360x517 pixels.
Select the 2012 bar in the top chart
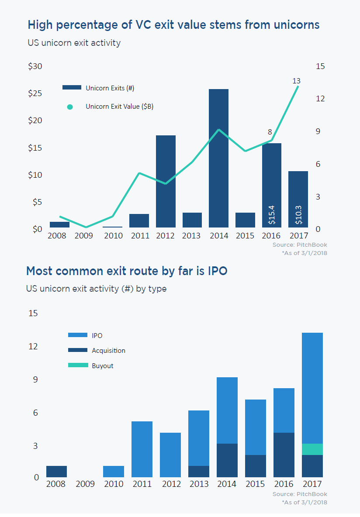point(166,181)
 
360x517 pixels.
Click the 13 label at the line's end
point(296,81)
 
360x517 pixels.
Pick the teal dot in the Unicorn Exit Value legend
point(70,107)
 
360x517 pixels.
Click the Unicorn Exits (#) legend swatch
point(72,88)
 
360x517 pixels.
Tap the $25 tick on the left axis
point(35,94)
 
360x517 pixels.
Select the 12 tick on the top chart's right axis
point(321,99)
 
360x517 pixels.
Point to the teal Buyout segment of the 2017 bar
point(312,449)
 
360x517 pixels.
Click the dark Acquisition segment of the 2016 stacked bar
point(284,455)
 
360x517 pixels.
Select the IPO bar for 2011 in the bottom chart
point(142,449)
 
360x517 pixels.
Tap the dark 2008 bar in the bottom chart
point(56,472)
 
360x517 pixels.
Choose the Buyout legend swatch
point(78,365)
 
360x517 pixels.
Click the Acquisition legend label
point(108,351)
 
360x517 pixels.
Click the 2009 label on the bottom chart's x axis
point(85,484)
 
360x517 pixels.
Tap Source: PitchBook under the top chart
point(300,245)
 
